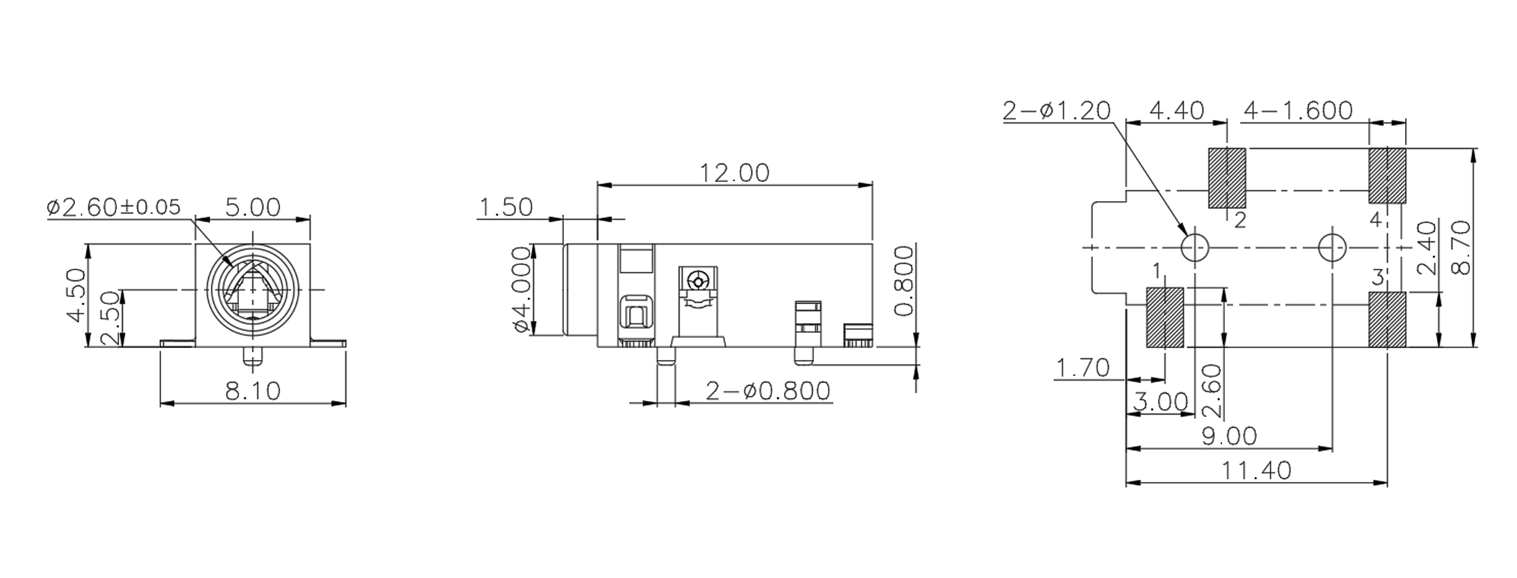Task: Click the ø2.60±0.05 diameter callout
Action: pyautogui.click(x=114, y=208)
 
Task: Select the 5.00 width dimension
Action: pyautogui.click(x=252, y=208)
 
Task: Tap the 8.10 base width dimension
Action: pyautogui.click(x=252, y=392)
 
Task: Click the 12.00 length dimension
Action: pyautogui.click(x=734, y=173)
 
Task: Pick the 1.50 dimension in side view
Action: pyautogui.click(x=506, y=207)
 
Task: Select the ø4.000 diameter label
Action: pyautogui.click(x=522, y=289)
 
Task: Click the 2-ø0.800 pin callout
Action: pyautogui.click(x=767, y=392)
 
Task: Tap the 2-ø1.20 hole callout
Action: pyautogui.click(x=1056, y=111)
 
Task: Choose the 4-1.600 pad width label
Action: pyautogui.click(x=1297, y=111)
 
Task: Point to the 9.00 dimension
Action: pyautogui.click(x=1228, y=436)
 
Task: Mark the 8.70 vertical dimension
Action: pyautogui.click(x=1461, y=247)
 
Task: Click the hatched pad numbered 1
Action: pyautogui.click(x=1164, y=318)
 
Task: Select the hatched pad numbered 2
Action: pyautogui.click(x=1227, y=178)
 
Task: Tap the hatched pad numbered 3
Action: pyautogui.click(x=1387, y=319)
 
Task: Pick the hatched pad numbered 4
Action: pyautogui.click(x=1387, y=176)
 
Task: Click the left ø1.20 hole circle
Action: pyautogui.click(x=1195, y=247)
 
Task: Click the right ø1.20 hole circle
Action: pyautogui.click(x=1332, y=247)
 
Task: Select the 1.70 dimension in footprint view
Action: pyautogui.click(x=1082, y=368)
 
